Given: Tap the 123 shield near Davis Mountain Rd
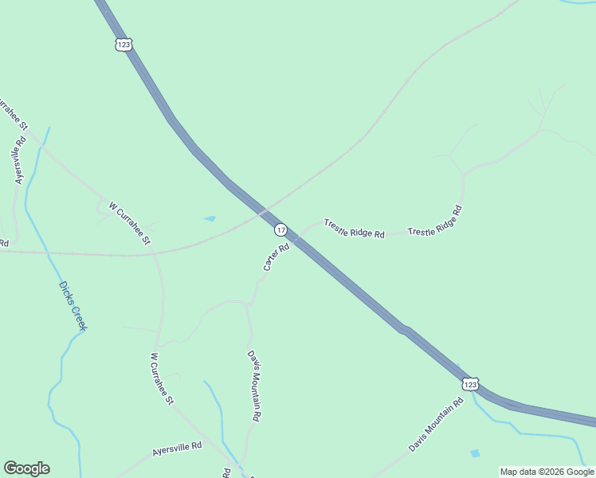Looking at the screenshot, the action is click(x=470, y=384).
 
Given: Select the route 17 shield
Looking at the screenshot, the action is click(x=280, y=229).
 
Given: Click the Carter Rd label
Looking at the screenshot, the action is click(x=276, y=257).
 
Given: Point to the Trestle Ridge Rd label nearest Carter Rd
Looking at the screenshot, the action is click(x=354, y=229).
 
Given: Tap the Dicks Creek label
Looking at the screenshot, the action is click(x=73, y=306).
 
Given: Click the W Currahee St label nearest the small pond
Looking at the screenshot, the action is click(x=129, y=223).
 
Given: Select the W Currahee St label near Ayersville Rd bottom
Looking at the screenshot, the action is click(x=162, y=378).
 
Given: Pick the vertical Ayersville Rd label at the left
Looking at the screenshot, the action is click(x=20, y=159).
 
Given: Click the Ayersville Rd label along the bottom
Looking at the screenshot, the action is click(x=177, y=451).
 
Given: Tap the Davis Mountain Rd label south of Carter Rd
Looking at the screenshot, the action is click(x=254, y=386).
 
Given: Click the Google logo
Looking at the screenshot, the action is click(x=26, y=468).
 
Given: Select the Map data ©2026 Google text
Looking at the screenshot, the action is click(x=547, y=472).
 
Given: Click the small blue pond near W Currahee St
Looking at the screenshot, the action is click(x=210, y=218).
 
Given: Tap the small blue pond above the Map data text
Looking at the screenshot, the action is click(x=476, y=453).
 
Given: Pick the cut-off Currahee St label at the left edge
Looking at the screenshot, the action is click(x=14, y=115).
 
